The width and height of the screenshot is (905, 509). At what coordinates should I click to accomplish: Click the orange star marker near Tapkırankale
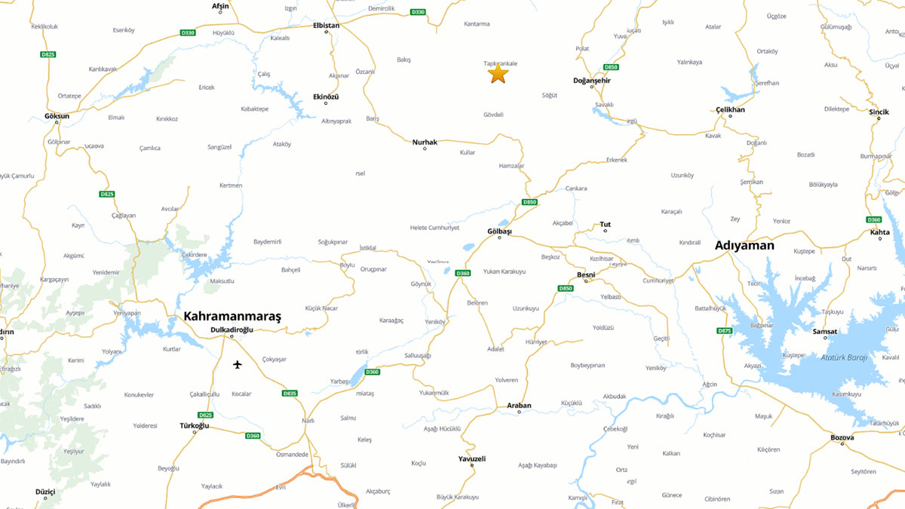point(497,74)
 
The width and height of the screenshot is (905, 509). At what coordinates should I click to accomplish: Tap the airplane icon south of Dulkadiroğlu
point(238,365)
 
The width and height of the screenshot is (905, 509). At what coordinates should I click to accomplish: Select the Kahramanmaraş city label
point(232,317)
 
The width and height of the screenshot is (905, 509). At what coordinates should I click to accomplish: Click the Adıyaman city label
point(744,245)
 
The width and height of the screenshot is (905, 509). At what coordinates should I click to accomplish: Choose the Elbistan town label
point(327,26)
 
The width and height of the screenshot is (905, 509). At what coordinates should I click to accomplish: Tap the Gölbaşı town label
point(499,231)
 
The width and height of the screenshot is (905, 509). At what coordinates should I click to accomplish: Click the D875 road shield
point(724,330)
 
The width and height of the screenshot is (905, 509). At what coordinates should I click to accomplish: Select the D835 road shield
point(290,393)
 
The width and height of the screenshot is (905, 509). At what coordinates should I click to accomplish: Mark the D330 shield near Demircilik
point(418,11)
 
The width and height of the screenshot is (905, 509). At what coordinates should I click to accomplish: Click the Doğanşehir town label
point(592,80)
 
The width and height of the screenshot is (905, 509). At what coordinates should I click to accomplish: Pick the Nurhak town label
point(425,142)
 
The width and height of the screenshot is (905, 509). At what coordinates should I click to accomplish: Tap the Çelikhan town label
point(730,109)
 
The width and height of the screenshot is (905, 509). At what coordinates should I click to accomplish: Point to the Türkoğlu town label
point(194,425)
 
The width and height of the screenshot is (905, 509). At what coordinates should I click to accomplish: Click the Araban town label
point(519,406)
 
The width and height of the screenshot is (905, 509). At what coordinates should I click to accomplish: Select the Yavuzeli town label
point(472,458)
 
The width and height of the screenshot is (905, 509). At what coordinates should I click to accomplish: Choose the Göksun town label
point(57,116)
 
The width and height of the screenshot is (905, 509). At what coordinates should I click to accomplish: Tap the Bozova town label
point(842,437)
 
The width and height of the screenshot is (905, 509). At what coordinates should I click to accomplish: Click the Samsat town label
point(825,331)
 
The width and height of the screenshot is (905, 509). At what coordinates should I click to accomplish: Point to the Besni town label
point(586,274)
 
